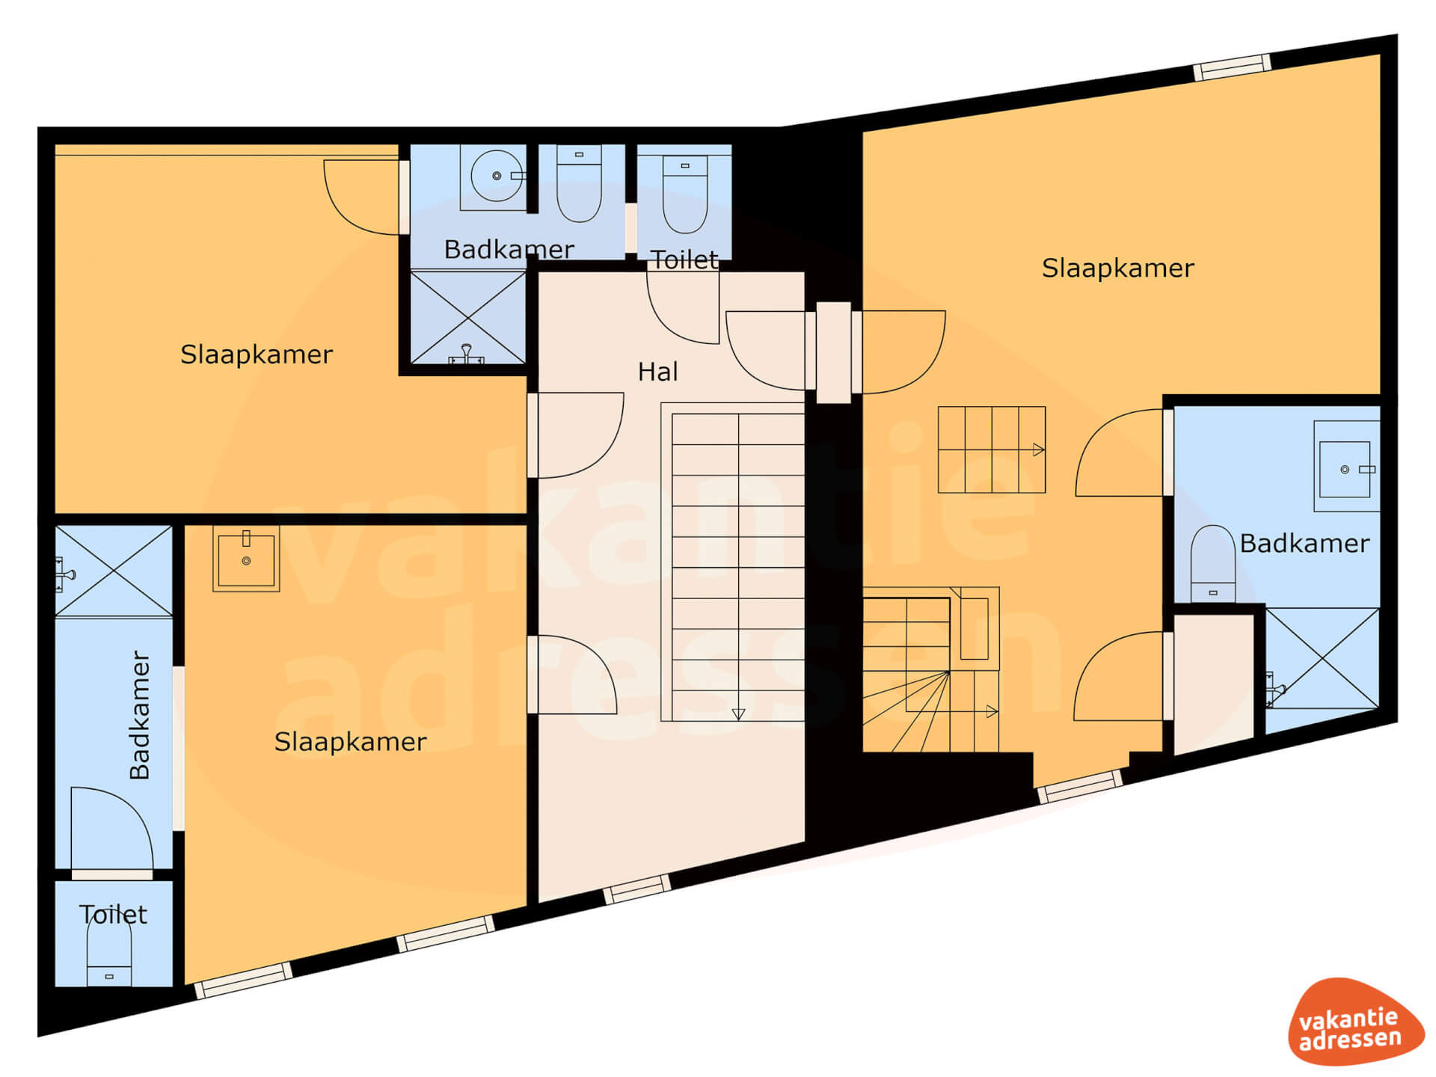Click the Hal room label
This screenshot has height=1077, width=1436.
[x=657, y=372]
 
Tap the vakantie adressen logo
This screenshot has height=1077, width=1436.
[x=1355, y=1022]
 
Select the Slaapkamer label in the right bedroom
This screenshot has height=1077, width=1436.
[x=1117, y=268]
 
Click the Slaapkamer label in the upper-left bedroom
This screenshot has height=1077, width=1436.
[x=257, y=354]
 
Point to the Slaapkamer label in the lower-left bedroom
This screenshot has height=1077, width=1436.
[x=350, y=741]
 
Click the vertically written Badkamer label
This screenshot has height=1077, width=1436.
[x=140, y=715]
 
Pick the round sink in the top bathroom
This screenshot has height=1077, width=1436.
[x=497, y=177]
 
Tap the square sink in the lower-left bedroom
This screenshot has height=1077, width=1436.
[x=246, y=559]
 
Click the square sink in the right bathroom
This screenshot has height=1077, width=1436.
[x=1346, y=467]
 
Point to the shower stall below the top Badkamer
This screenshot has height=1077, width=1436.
[x=468, y=318]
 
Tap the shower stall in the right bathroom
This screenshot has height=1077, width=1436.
[x=1322, y=658]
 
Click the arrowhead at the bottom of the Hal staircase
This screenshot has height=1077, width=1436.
[x=738, y=714]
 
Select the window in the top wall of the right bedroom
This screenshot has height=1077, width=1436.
[x=1232, y=67]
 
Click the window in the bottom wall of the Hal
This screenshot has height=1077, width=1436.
[x=637, y=889]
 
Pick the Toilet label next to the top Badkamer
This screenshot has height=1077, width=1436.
[x=684, y=260]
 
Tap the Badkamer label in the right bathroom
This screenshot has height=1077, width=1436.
[x=1304, y=543]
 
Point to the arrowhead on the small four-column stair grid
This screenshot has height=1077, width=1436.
[x=1039, y=449]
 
